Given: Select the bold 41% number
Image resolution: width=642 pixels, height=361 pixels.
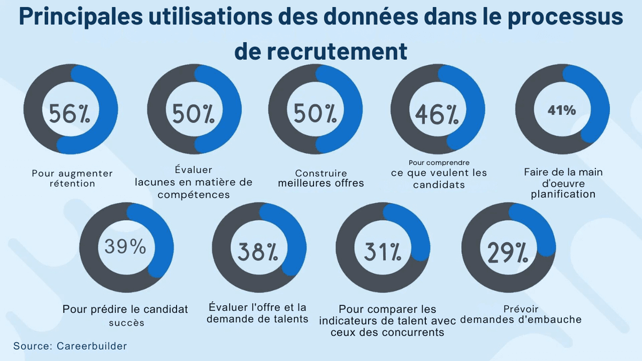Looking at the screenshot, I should pyautogui.click(x=561, y=111).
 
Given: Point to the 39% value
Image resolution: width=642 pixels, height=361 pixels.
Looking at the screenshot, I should pyautogui.click(x=125, y=247).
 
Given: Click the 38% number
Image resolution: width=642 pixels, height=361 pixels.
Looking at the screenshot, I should pyautogui.click(x=258, y=251).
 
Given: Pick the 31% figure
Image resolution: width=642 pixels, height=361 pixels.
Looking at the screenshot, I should pyautogui.click(x=383, y=251).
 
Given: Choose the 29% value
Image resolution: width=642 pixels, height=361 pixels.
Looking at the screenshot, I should pyautogui.click(x=507, y=251).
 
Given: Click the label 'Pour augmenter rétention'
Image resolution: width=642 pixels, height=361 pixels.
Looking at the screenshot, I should pyautogui.click(x=72, y=179).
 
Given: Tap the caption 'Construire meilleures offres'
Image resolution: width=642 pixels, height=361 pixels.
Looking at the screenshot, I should pyautogui.click(x=321, y=179).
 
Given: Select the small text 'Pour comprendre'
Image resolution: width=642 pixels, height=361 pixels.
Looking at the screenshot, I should pyautogui.click(x=439, y=162).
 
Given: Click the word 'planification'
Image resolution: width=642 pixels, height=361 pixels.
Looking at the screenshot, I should pyautogui.click(x=563, y=194).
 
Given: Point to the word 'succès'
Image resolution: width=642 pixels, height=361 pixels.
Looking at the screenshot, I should pyautogui.click(x=126, y=322).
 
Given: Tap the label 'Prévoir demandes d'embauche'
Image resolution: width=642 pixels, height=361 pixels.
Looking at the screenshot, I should pyautogui.click(x=521, y=314).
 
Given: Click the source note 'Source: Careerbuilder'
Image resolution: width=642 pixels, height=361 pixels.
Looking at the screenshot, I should pyautogui.click(x=70, y=346).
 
